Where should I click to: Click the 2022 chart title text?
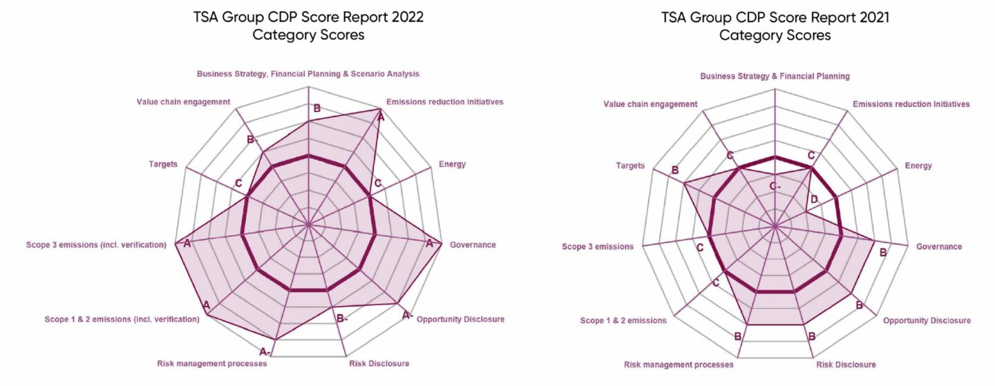click(x=308, y=26)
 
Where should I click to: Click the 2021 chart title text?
click(x=775, y=26)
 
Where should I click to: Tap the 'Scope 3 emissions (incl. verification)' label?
click(x=96, y=244)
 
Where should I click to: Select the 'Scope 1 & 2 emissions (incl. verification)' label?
click(x=122, y=319)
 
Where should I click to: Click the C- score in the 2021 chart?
click(x=775, y=186)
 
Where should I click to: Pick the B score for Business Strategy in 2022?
click(x=317, y=108)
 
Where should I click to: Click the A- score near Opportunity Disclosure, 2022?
click(x=408, y=315)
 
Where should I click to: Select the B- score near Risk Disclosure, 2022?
click(x=341, y=318)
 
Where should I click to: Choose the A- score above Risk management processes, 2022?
click(x=265, y=351)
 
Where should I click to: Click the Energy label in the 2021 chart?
click(x=918, y=166)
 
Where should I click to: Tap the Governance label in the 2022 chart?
click(x=473, y=244)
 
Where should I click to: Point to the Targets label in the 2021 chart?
click(x=630, y=166)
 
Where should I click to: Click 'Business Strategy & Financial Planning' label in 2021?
click(x=775, y=76)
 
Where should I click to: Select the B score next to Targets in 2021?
click(x=674, y=170)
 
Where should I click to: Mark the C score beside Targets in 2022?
click(x=238, y=184)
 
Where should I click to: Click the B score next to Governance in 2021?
click(x=882, y=253)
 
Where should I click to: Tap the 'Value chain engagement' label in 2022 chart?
click(x=183, y=102)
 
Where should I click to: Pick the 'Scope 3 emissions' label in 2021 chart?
click(x=598, y=247)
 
